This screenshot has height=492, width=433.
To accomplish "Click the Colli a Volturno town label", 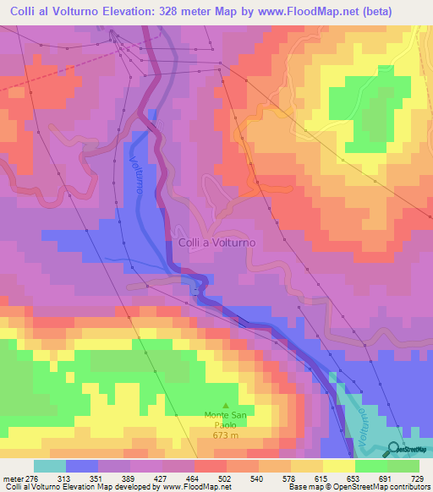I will click(216, 243).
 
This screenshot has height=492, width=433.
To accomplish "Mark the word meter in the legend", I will click(12, 478).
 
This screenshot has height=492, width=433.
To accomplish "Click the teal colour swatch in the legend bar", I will click(50, 467).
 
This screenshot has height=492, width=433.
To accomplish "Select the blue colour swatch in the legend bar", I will click(82, 467).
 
